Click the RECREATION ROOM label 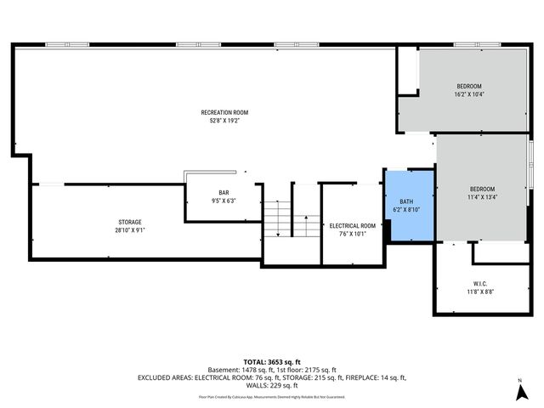(224, 112)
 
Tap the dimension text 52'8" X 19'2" (224, 121)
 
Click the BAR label (224, 192)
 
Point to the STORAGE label (129, 222)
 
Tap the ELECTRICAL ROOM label (352, 225)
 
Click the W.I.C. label (479, 283)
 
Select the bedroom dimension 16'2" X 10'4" (468, 94)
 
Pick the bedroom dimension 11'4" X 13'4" (482, 196)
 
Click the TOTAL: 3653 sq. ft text (272, 361)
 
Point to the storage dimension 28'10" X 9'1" (129, 230)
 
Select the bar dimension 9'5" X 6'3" (224, 201)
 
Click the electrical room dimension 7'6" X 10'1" (352, 234)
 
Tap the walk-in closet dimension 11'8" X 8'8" (479, 292)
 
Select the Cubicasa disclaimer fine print (272, 396)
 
